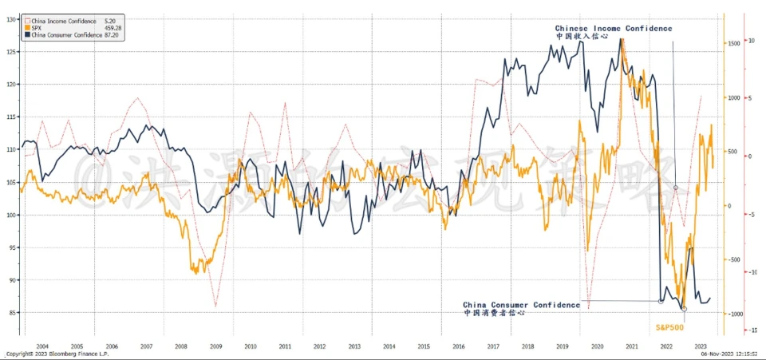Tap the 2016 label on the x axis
pos(457,346)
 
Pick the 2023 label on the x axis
pos(700,346)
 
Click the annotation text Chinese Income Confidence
pos(614,29)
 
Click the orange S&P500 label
pos(670,326)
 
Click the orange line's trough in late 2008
pos(194,273)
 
